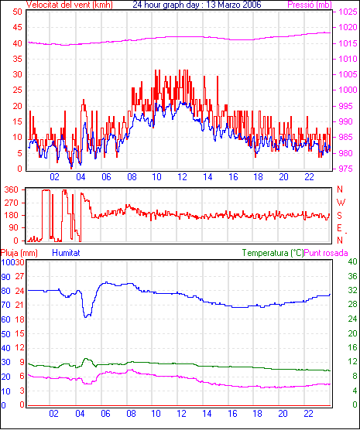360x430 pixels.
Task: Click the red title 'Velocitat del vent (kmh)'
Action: coord(70,5)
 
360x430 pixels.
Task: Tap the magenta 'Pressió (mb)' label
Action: coord(310,5)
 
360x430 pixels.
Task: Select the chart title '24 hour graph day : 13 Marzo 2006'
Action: coord(197,5)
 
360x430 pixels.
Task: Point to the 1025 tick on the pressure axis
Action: coord(348,12)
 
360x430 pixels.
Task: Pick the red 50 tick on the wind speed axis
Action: coord(17,12)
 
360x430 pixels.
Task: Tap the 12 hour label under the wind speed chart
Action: coord(182,177)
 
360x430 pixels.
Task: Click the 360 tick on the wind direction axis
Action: coord(12,189)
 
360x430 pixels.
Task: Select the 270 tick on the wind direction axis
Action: coord(12,203)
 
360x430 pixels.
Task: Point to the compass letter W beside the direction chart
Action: coord(341,203)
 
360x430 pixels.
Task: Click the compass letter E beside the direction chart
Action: coord(339,228)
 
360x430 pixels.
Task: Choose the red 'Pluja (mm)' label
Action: coord(19,253)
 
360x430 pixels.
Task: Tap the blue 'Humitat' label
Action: coord(66,253)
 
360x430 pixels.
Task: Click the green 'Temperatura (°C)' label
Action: coord(273,253)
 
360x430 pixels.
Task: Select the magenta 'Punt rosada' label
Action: coord(326,253)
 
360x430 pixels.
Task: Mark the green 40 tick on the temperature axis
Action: coord(352,261)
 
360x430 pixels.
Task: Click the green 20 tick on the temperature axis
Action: coord(352,333)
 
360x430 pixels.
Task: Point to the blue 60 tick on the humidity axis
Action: coord(5,319)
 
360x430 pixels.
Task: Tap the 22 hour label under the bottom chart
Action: coord(308,413)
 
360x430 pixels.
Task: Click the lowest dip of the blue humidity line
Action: coord(86,317)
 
